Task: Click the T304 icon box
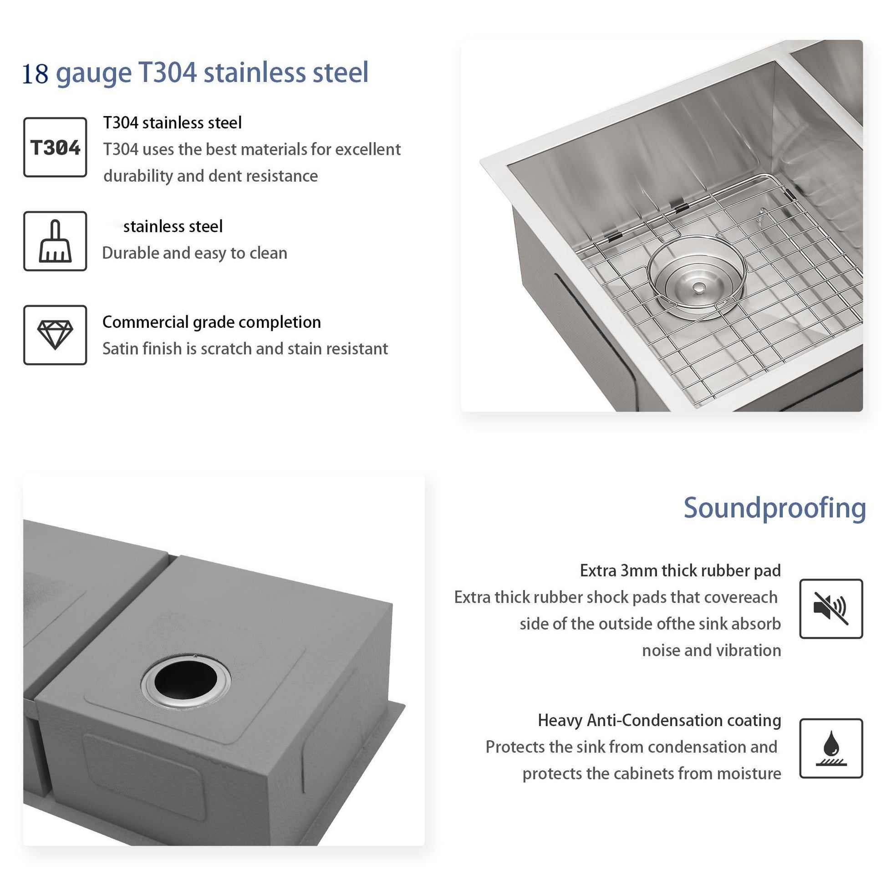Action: pyautogui.click(x=55, y=147)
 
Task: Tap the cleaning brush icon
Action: pyautogui.click(x=55, y=241)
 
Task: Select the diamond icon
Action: pyautogui.click(x=55, y=335)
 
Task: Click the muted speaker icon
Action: pyautogui.click(x=830, y=609)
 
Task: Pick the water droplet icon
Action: pyautogui.click(x=830, y=748)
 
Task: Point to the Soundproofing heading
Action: pyautogui.click(x=774, y=508)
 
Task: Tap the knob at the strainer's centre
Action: pyautogui.click(x=699, y=288)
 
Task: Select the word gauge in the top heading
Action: pyautogui.click(x=93, y=73)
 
